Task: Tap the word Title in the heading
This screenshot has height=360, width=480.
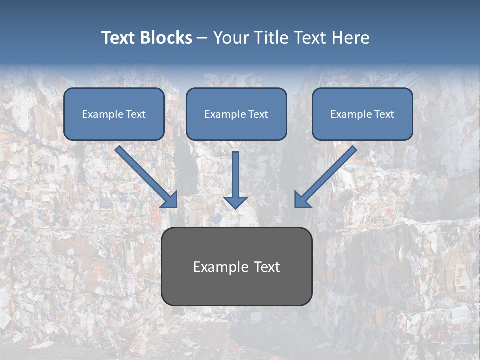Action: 270,38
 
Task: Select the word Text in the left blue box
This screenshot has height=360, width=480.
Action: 136,114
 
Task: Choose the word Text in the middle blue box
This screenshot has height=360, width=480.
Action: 258,114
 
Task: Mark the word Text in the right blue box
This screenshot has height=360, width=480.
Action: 384,114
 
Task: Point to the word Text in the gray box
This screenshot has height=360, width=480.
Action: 266,267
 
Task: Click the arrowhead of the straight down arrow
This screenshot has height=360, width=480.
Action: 235,202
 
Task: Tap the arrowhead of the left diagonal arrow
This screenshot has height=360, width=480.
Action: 170,200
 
